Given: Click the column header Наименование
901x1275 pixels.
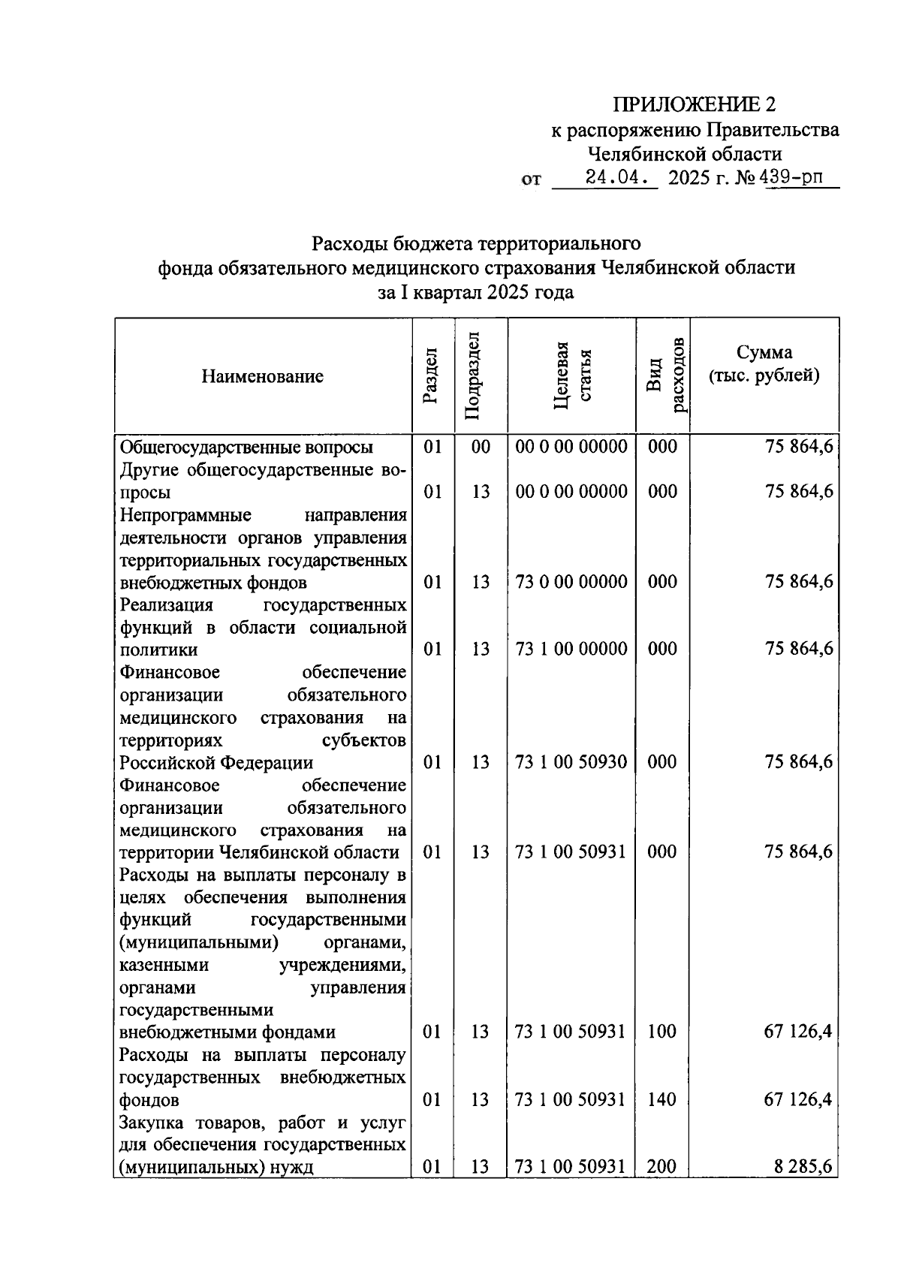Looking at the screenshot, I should coord(262,376).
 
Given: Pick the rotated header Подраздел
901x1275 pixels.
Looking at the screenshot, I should coord(473,375).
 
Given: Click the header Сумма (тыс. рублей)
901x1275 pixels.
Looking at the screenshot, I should coord(764,363).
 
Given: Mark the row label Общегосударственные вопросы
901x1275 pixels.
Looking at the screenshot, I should coord(247,447).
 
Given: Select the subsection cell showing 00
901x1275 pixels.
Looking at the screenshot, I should coord(481,447).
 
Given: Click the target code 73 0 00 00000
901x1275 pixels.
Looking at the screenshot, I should coord(571,582).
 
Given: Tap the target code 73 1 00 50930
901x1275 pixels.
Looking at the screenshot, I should coord(571,762).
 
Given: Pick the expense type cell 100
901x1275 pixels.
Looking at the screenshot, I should coord(661,1032).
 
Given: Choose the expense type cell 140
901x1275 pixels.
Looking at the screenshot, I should coord(661,1099).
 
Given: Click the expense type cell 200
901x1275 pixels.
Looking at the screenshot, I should coord(661,1167).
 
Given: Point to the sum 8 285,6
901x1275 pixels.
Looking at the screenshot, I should coord(803,1167).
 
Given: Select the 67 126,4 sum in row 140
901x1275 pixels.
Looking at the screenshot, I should coord(797,1099).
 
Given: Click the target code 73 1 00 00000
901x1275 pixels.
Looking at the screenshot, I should coord(571,649).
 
